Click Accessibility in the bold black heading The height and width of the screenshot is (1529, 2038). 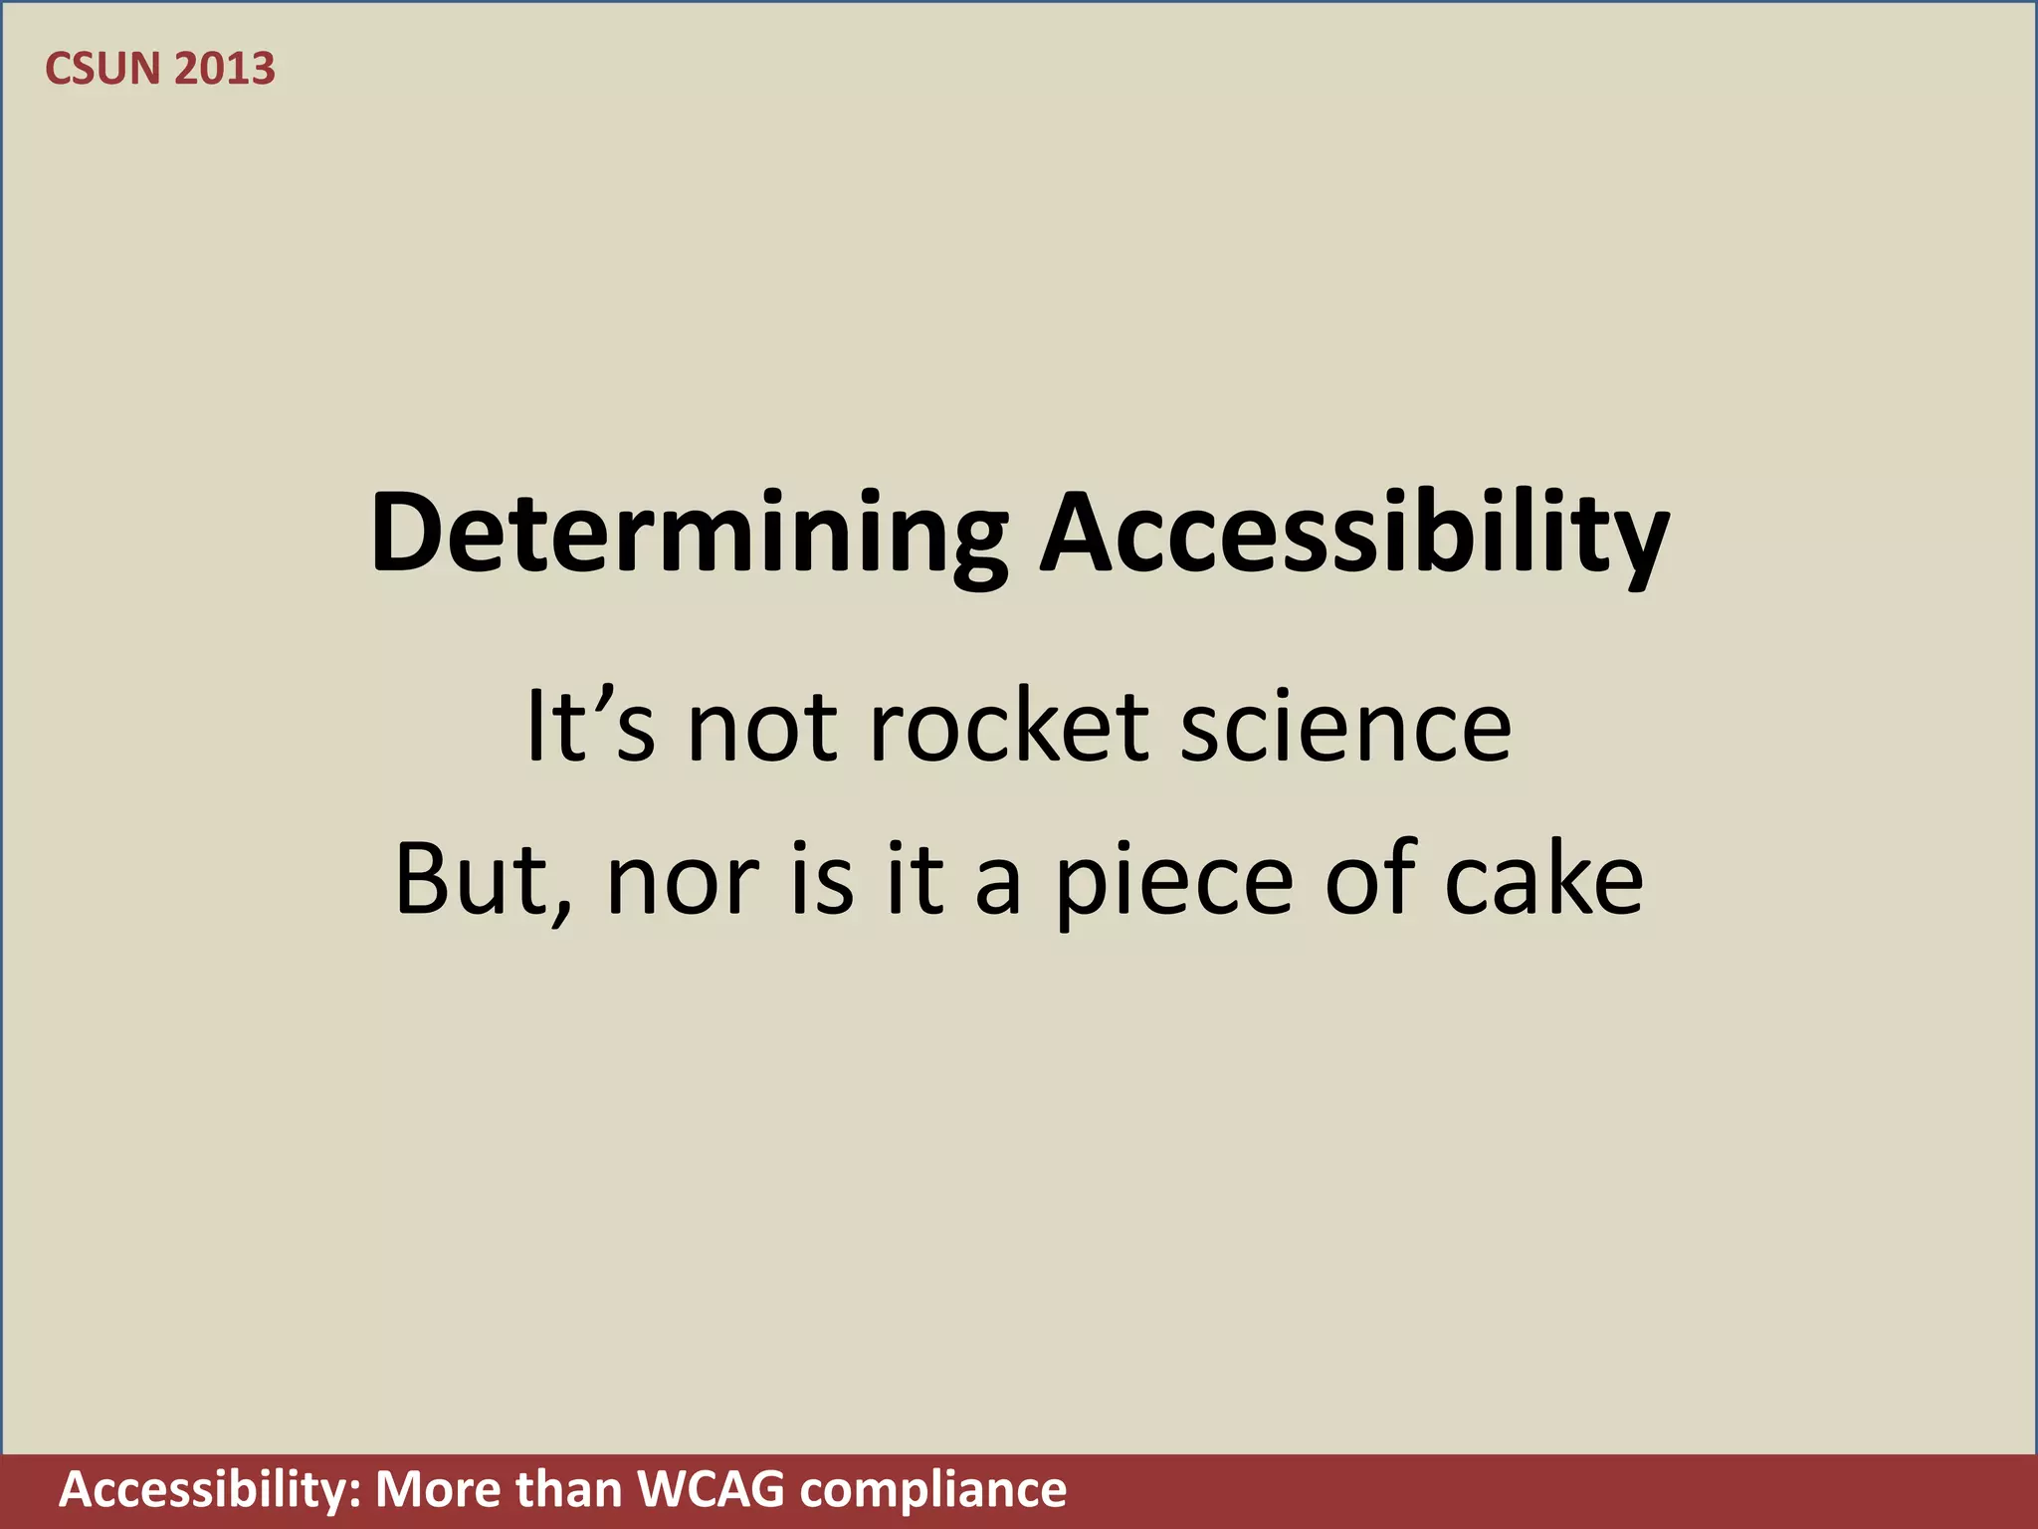point(1354,534)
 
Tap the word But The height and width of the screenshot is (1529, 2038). point(472,879)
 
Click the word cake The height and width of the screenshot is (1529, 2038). point(1543,879)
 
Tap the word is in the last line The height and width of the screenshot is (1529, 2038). point(822,879)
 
